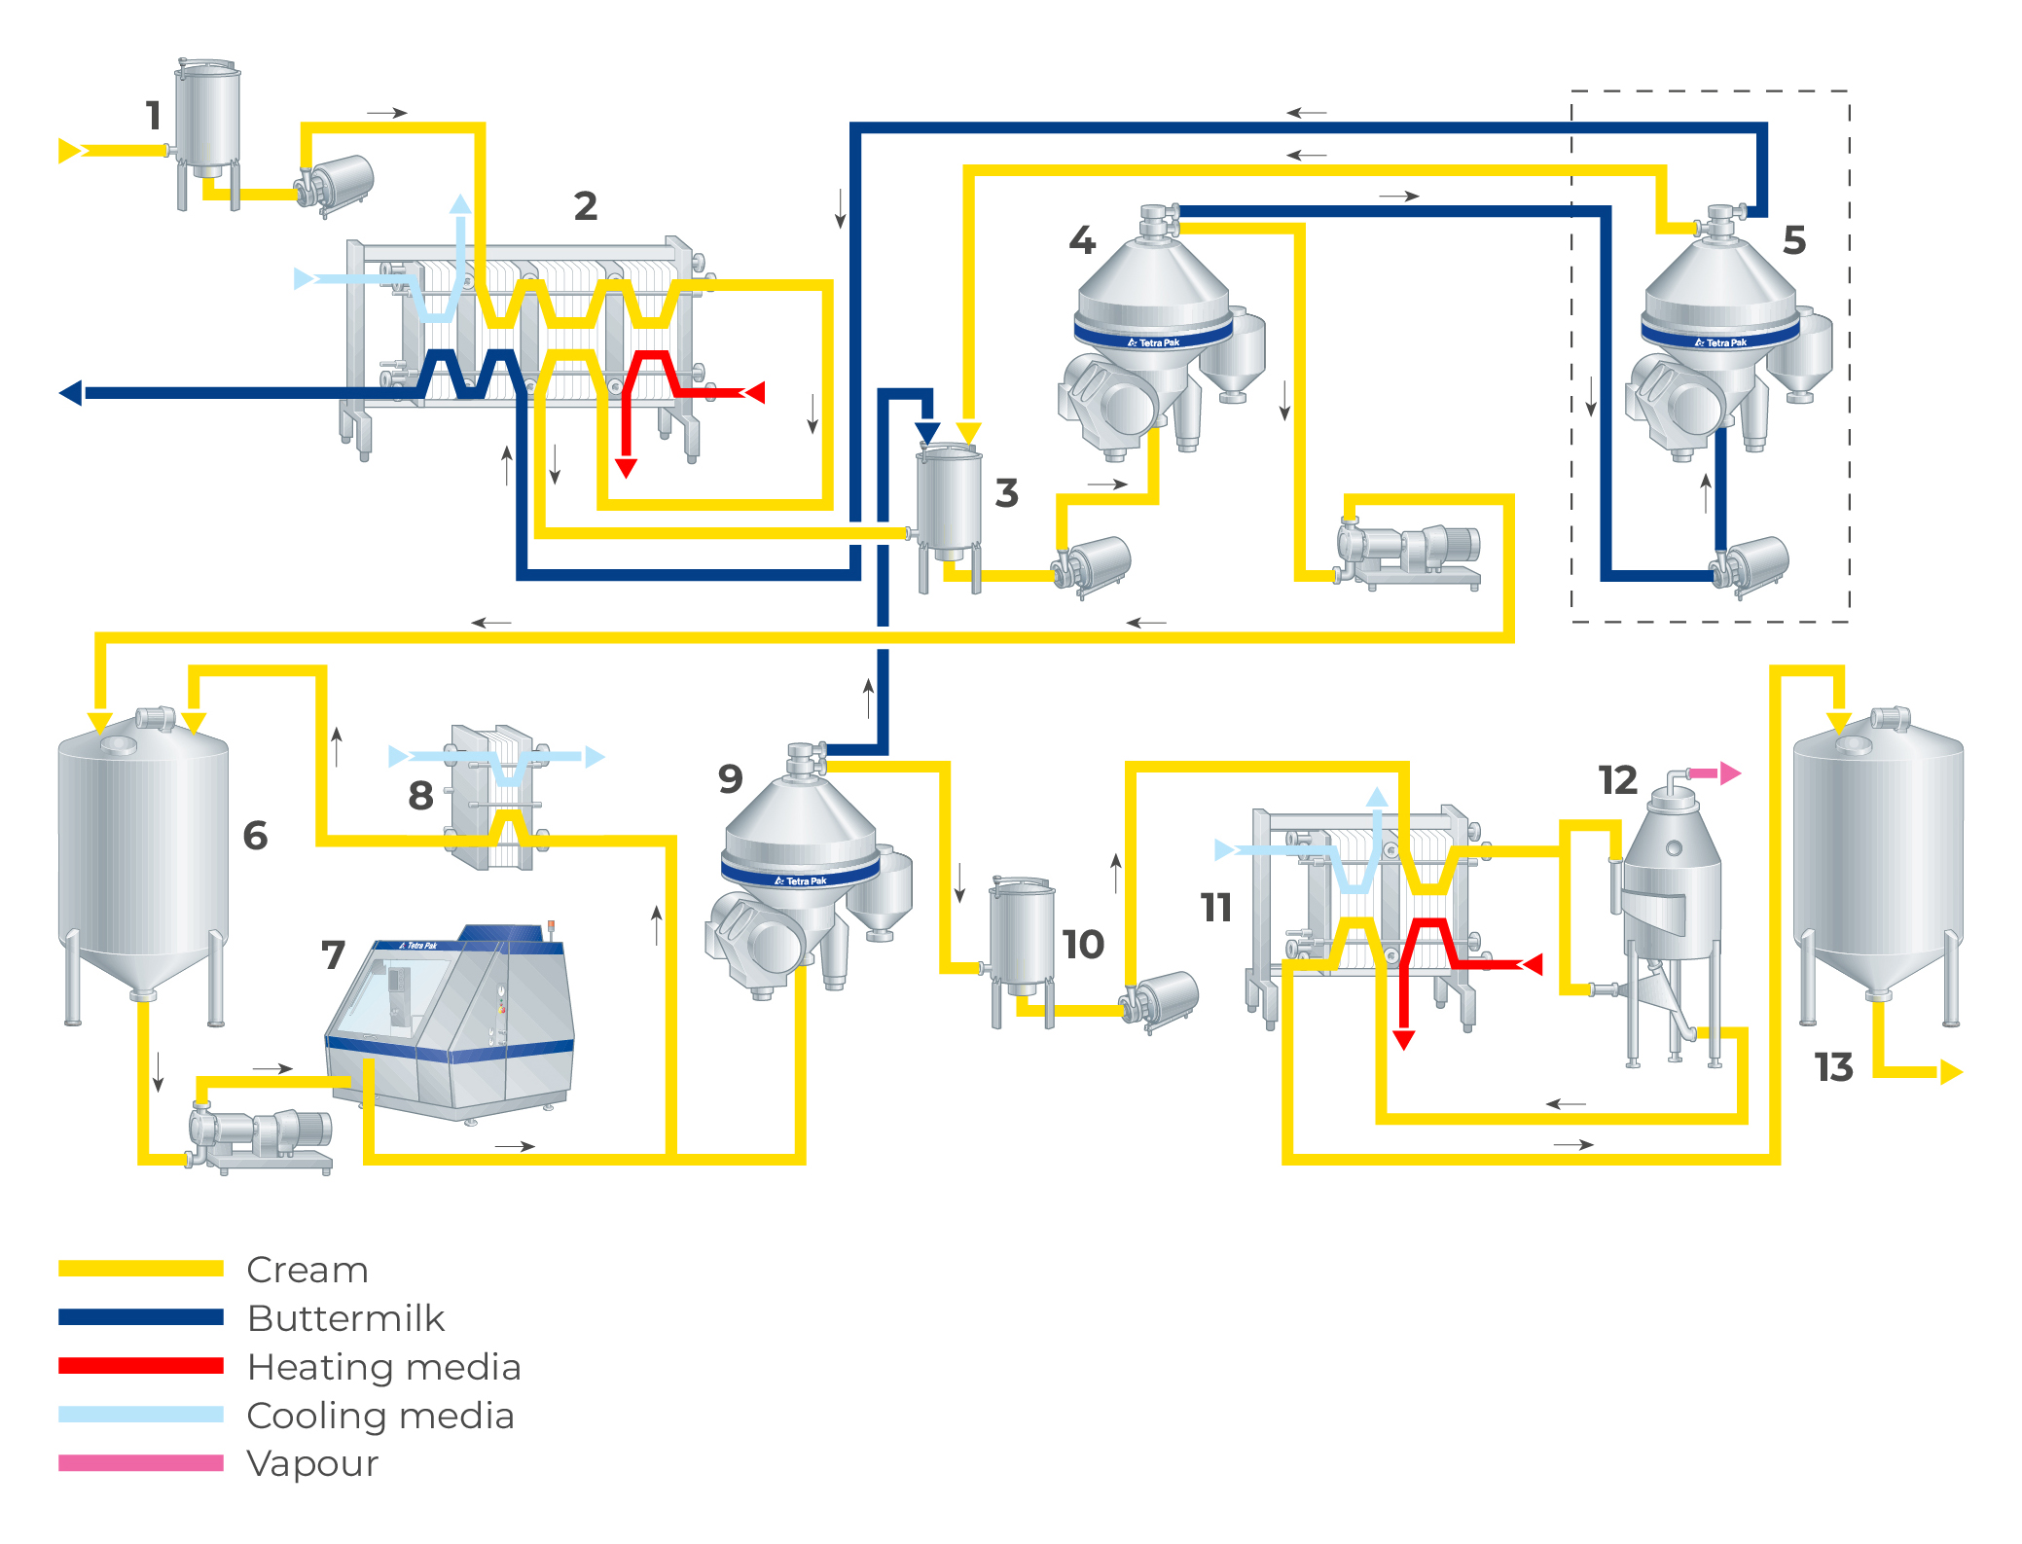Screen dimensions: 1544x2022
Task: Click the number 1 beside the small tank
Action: [153, 116]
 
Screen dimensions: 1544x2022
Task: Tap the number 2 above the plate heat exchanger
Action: [585, 206]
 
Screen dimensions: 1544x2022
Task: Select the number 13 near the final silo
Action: [1833, 1067]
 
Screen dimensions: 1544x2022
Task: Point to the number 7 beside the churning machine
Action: [333, 954]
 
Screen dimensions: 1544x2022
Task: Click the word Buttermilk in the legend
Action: [345, 1318]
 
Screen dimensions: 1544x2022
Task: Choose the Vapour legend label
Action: [312, 1463]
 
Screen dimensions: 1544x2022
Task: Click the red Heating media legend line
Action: [141, 1366]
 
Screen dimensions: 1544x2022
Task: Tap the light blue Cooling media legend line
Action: [141, 1415]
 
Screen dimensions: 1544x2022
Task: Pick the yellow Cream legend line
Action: [141, 1269]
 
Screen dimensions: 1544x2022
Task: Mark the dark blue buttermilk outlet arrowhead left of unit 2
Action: [71, 393]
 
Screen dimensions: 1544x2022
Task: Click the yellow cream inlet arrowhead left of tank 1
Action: [69, 151]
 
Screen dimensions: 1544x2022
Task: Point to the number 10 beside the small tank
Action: [1082, 945]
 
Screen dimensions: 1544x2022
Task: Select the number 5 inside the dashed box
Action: [1794, 240]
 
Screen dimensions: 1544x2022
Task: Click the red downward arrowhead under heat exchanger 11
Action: [1403, 1040]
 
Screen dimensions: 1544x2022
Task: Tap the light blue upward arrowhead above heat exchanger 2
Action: [460, 204]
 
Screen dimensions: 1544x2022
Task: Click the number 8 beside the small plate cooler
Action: [420, 796]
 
